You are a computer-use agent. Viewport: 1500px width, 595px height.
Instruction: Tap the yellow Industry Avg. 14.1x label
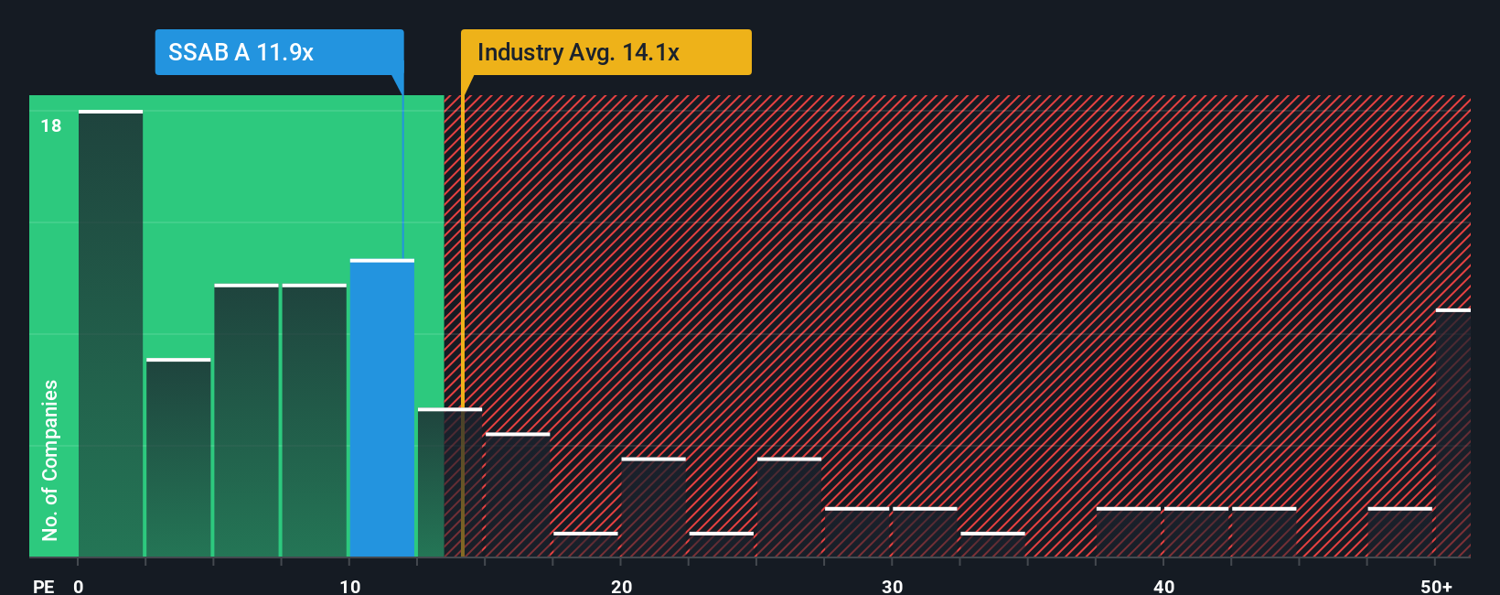coord(605,52)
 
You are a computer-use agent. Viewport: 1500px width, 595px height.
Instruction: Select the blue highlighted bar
coord(382,408)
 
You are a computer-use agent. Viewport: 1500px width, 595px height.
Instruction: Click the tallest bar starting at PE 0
coord(111,333)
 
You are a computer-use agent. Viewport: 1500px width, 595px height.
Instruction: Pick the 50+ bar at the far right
coord(1452,433)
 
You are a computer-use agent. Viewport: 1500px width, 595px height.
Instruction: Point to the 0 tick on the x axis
coord(79,586)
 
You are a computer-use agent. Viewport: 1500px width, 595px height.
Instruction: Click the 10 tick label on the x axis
coord(349,586)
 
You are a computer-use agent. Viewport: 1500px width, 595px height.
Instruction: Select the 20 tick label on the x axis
coord(621,586)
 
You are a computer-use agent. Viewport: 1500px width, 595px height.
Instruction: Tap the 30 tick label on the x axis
coord(892,586)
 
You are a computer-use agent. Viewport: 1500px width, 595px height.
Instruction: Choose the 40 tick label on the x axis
coord(1163,586)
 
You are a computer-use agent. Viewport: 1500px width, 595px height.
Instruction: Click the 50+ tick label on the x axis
coord(1436,586)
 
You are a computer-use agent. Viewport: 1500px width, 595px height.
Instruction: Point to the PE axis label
coord(44,586)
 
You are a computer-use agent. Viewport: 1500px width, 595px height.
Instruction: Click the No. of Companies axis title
coord(50,460)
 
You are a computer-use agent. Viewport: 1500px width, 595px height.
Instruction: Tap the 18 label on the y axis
coord(51,125)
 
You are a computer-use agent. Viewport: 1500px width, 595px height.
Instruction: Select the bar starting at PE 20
coord(653,507)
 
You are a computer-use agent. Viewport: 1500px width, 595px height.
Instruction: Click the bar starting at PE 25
coord(789,507)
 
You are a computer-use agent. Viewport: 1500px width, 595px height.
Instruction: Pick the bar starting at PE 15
coord(518,494)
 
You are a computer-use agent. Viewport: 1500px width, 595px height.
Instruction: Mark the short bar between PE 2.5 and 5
coord(178,458)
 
